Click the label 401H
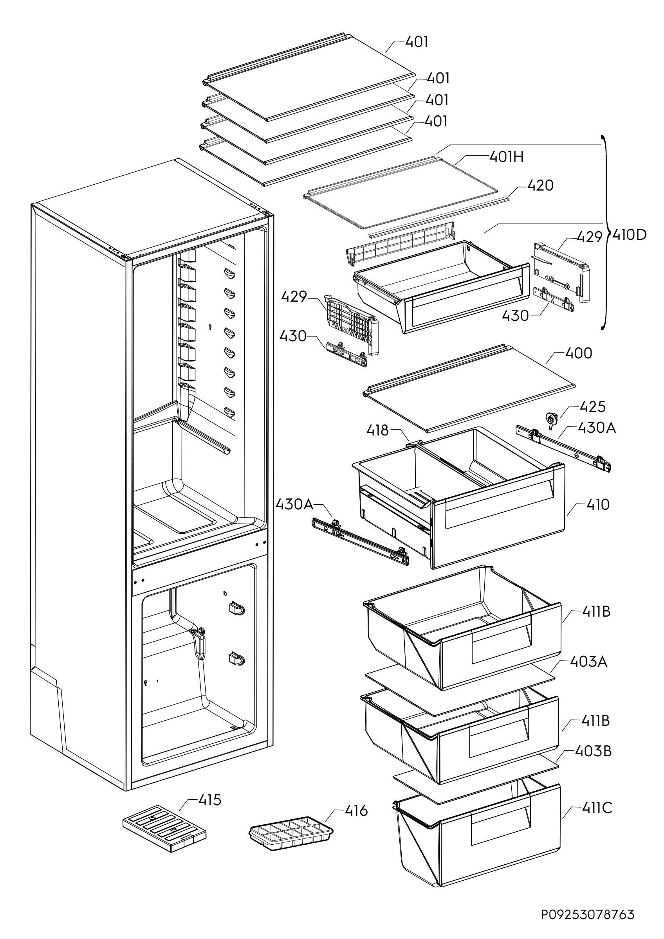507,157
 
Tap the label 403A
588,673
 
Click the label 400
579,353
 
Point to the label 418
377,430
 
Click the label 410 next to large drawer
598,505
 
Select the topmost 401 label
417,42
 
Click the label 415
210,800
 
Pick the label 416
356,811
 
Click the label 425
592,407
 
